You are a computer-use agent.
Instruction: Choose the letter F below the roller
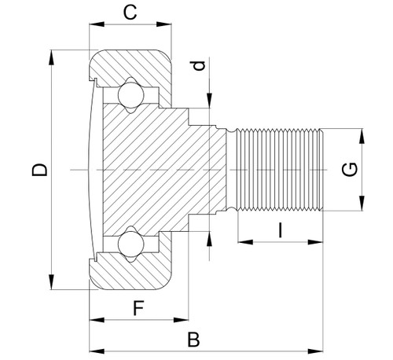[138, 307]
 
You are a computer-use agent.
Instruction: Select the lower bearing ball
[128, 243]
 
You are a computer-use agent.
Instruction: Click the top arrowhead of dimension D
[53, 55]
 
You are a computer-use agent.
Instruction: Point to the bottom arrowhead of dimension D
[53, 285]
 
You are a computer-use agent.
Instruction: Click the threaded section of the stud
[279, 169]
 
